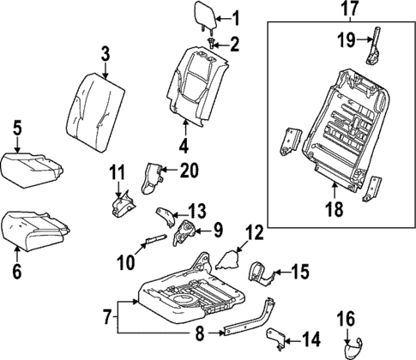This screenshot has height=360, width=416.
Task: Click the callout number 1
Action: [237, 16]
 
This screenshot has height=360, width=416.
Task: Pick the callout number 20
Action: [189, 170]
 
